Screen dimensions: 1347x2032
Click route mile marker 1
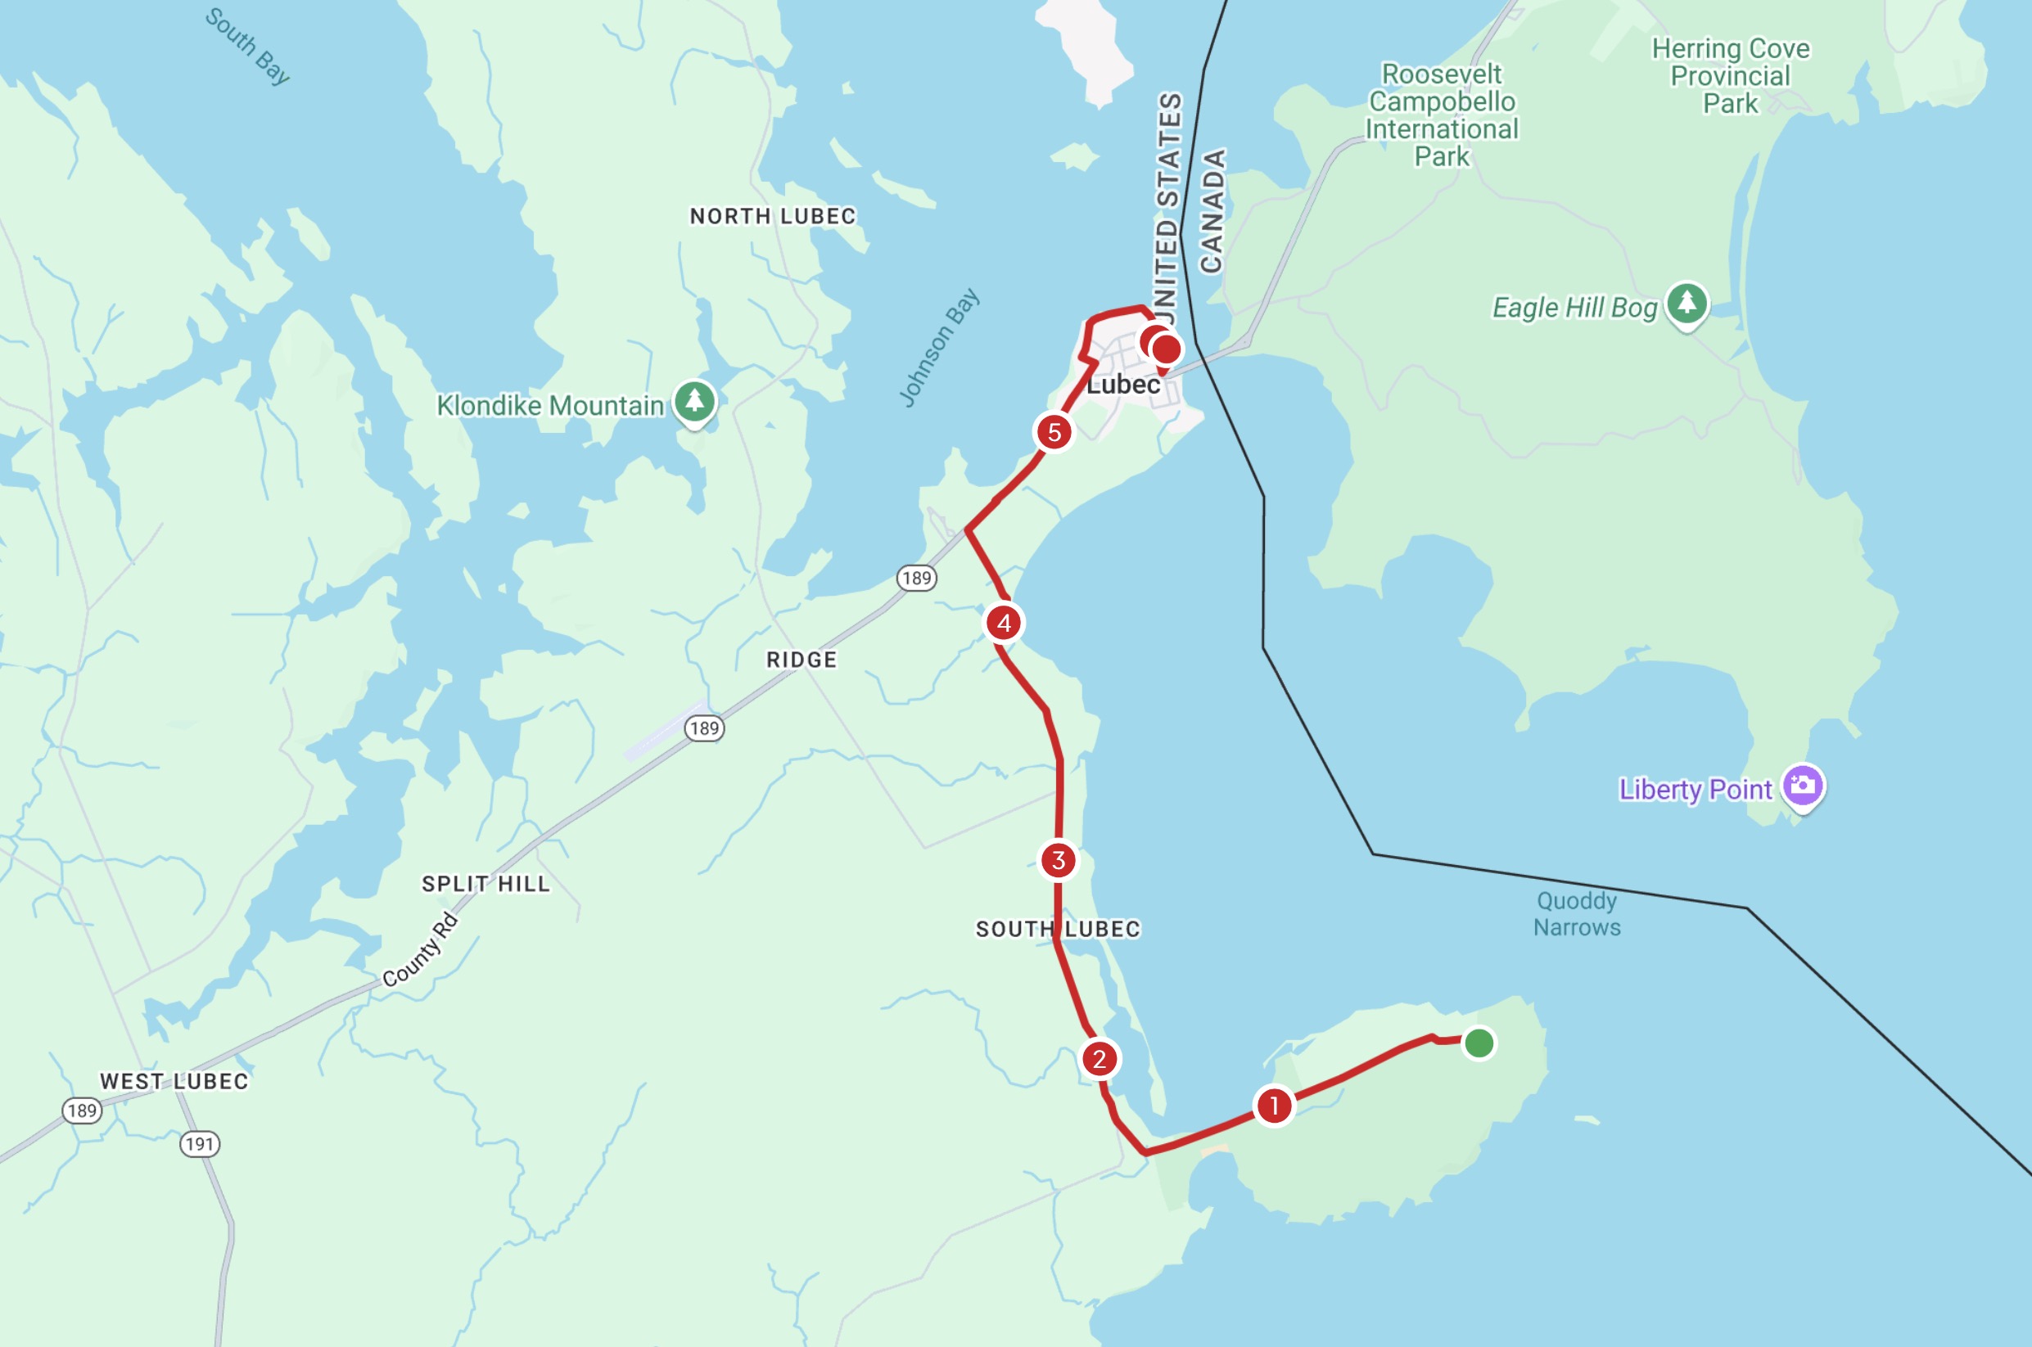(1274, 1106)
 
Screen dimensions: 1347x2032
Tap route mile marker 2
(1099, 1059)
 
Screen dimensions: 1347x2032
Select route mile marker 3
(1059, 860)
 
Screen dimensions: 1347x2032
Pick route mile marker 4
(1004, 623)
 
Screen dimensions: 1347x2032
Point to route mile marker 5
(1054, 432)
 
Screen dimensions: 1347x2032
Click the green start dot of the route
(1479, 1043)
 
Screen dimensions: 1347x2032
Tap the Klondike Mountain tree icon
(694, 401)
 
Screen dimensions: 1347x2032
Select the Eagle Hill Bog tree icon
(1687, 304)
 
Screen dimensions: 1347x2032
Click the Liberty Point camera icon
(1803, 785)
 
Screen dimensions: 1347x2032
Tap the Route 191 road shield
(199, 1144)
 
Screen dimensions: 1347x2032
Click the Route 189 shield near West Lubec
(83, 1110)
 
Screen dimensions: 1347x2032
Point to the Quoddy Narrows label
(1577, 914)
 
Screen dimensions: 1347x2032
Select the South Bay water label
(247, 47)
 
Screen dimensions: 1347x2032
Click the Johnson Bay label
(938, 347)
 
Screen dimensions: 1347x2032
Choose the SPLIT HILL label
(485, 884)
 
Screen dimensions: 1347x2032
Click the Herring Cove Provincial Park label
(1731, 75)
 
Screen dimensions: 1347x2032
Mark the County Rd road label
(420, 950)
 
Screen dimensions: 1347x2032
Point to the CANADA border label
(1212, 211)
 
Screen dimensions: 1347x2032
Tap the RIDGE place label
(801, 660)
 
